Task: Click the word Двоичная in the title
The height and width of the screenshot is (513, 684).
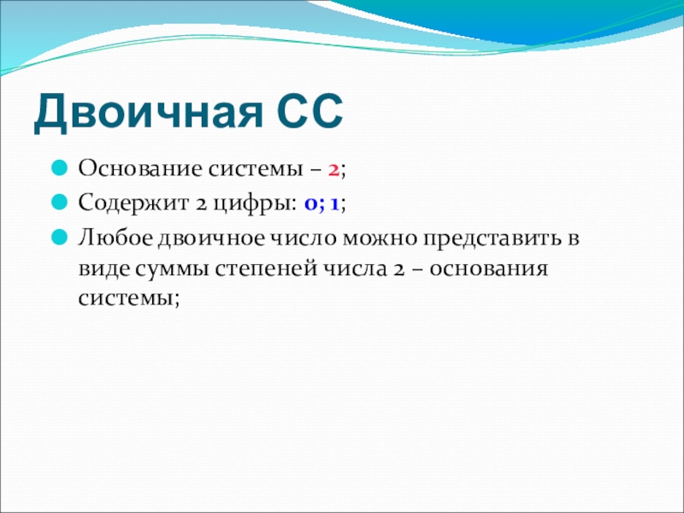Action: point(148,111)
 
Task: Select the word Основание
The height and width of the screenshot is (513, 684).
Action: point(140,168)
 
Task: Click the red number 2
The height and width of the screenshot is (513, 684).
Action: point(333,169)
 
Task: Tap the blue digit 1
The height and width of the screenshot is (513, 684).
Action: point(334,204)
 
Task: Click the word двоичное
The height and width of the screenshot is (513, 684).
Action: point(211,239)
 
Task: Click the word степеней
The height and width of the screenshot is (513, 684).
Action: point(266,269)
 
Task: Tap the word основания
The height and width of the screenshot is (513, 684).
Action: point(488,269)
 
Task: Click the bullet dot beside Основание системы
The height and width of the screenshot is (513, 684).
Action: point(59,168)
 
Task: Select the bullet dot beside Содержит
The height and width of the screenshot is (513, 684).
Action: point(59,202)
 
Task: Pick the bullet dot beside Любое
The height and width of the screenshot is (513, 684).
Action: point(59,238)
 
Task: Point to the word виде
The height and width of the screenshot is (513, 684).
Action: point(104,269)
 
